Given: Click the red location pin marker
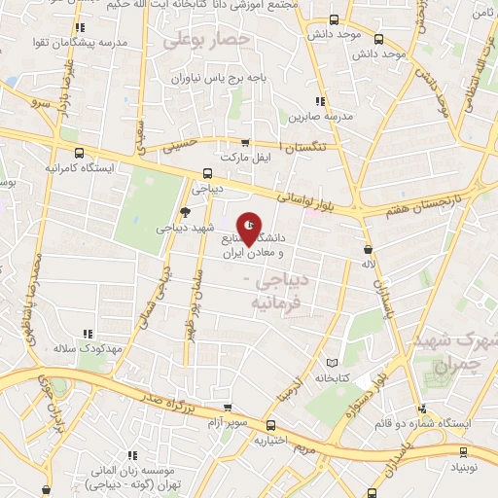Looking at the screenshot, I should click(x=250, y=229).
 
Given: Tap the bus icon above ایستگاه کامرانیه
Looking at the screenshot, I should click(x=79, y=153).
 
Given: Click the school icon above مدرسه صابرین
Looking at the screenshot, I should click(x=319, y=101).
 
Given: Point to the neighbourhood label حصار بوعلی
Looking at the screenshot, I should click(x=206, y=41).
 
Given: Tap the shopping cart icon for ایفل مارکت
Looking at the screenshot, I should click(x=245, y=142).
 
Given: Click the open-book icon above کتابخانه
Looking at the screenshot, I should click(x=335, y=361).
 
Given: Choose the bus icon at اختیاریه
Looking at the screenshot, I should click(x=272, y=425).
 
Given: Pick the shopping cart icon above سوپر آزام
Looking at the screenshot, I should click(x=228, y=409).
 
